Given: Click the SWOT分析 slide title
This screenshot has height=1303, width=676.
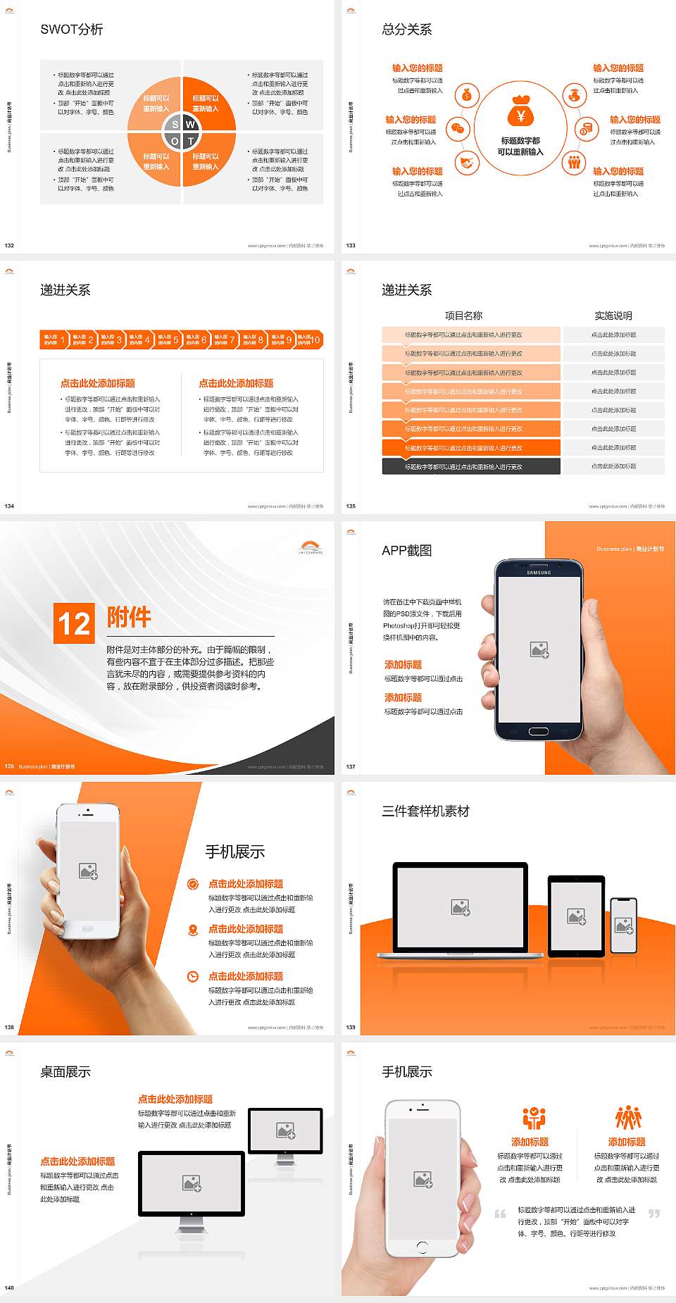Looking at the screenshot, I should click(72, 30).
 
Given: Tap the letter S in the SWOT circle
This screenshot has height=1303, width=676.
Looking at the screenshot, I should click(175, 125).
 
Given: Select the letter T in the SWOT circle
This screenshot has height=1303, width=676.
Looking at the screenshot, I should click(190, 141).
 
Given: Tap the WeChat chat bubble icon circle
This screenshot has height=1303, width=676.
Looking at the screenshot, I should click(458, 129).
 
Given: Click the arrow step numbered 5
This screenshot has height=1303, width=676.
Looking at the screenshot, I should click(168, 339).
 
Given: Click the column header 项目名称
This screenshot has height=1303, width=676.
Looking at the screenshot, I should click(463, 316).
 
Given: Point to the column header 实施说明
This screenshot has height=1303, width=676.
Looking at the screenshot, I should click(613, 316).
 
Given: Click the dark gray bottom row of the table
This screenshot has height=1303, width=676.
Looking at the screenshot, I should click(470, 466).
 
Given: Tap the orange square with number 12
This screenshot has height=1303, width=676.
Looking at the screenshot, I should click(74, 623).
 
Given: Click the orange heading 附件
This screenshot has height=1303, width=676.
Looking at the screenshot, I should click(129, 617).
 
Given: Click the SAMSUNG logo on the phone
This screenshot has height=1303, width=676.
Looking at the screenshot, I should click(539, 573).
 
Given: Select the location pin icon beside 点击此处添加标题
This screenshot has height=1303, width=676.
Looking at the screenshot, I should click(193, 930).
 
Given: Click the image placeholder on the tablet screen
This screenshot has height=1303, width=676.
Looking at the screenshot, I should click(577, 916).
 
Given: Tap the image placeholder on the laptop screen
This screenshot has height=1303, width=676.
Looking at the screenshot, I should click(461, 907).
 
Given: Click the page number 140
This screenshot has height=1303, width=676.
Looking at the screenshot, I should click(9, 1288).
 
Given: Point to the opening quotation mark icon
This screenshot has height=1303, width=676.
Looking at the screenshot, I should click(500, 1214).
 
